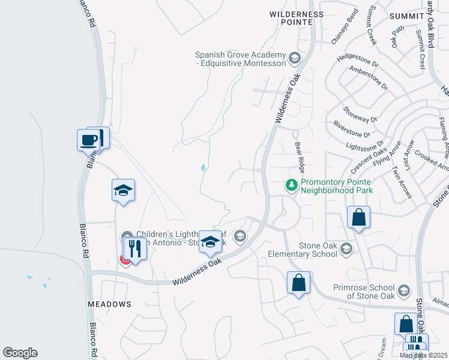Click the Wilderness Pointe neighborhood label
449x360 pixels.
pos(297,18)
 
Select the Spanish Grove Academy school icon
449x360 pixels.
pos(294,58)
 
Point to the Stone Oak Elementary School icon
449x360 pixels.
pos(346,248)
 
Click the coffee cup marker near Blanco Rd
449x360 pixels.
pos(88,140)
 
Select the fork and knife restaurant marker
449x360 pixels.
pos(134,248)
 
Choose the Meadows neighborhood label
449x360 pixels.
pos(109,304)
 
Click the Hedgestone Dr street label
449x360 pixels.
pos(358,62)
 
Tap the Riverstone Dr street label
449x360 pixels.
pos(352,130)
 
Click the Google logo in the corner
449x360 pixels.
pos(20,353)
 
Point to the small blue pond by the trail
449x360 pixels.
pos(203,168)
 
